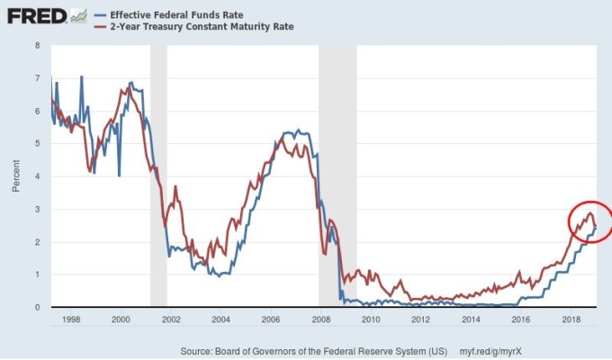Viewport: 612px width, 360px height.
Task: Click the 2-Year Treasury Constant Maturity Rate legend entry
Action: pyautogui.click(x=197, y=27)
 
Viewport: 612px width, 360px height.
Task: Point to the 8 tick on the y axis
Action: pyautogui.click(x=36, y=45)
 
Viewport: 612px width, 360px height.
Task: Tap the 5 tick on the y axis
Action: pyautogui.click(x=36, y=143)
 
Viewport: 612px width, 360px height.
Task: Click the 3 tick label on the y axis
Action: pyautogui.click(x=36, y=209)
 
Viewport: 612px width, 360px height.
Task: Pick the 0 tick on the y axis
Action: pyautogui.click(x=36, y=307)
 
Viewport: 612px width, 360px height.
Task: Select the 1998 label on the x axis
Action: pyautogui.click(x=72, y=319)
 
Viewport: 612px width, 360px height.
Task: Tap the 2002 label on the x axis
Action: pyautogui.click(x=171, y=319)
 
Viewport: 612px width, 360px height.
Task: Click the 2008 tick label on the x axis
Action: pyautogui.click(x=321, y=319)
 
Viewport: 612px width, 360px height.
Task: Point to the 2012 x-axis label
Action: pyautogui.click(x=420, y=319)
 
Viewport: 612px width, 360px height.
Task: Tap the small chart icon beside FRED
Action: pyautogui.click(x=78, y=16)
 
